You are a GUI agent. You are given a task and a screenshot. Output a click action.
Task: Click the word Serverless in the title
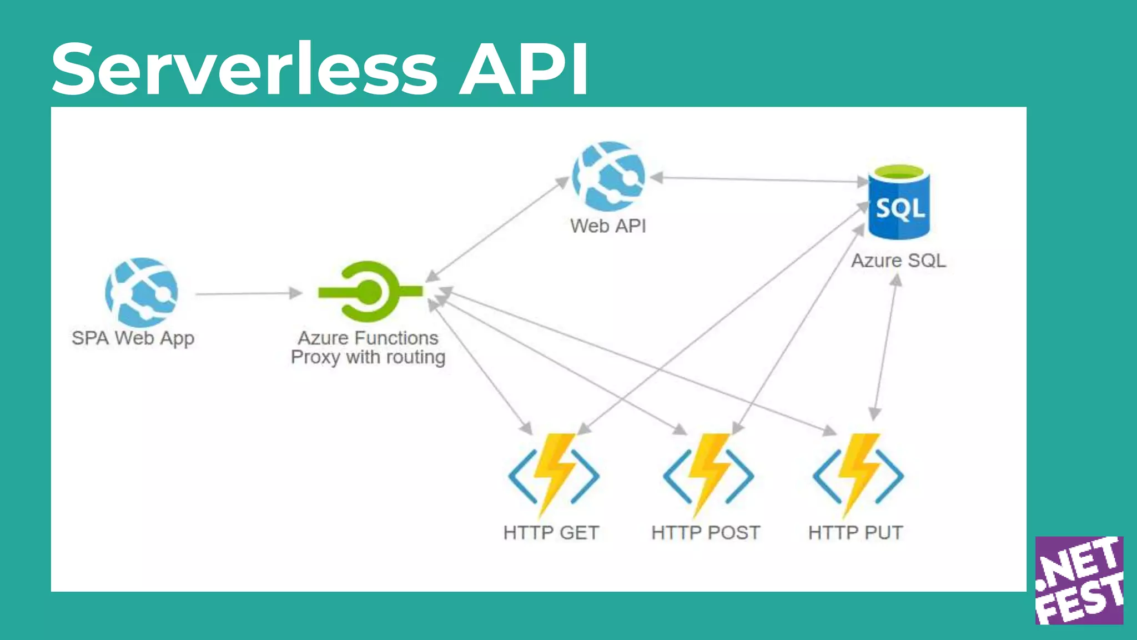click(244, 69)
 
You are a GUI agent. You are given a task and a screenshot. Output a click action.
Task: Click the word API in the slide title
click(523, 69)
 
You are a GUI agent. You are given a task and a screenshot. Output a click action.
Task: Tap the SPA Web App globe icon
click(142, 292)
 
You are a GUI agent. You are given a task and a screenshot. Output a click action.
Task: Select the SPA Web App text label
click(133, 338)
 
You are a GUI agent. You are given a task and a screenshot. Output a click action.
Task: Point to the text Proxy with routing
click(368, 357)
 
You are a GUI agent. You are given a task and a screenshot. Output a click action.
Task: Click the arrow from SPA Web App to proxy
click(248, 293)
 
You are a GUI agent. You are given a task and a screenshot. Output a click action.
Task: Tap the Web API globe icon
click(608, 176)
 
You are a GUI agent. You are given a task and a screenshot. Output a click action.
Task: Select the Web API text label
click(608, 226)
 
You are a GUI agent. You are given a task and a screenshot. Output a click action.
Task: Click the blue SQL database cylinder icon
click(899, 203)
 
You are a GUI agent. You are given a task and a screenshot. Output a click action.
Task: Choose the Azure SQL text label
click(898, 261)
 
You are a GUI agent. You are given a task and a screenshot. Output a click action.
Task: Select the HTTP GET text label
click(551, 533)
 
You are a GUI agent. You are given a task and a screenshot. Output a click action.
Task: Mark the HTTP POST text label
click(705, 533)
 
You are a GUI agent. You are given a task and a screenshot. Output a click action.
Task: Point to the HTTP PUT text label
click(855, 533)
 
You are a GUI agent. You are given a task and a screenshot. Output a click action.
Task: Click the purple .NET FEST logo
click(1079, 580)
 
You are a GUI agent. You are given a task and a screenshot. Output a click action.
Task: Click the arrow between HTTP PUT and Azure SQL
click(886, 347)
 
